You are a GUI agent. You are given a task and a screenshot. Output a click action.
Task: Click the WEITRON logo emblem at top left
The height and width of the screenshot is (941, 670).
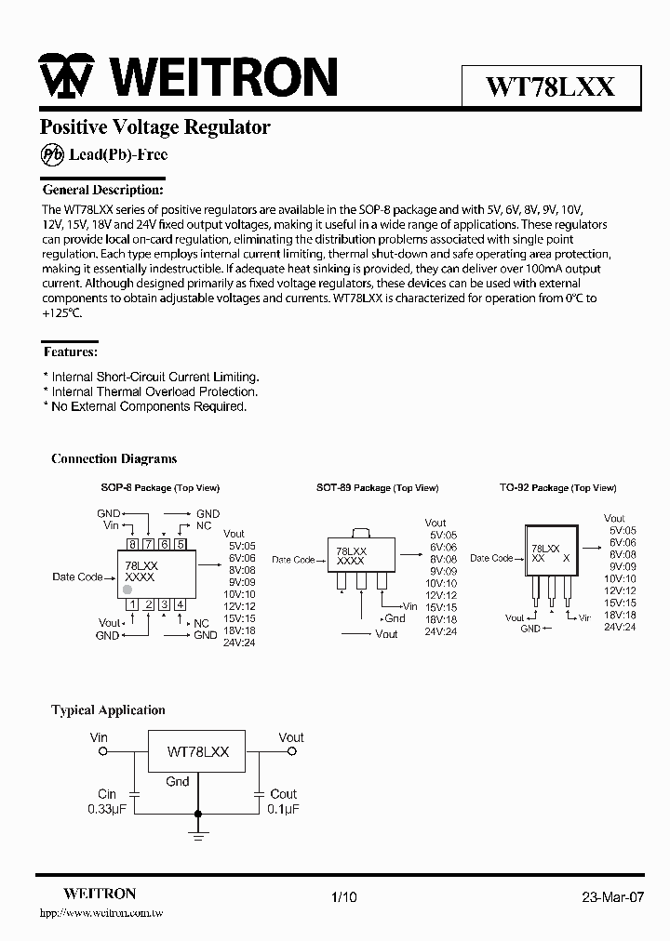pos(64,77)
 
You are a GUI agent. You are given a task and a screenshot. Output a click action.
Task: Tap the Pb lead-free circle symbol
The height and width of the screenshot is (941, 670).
pos(53,155)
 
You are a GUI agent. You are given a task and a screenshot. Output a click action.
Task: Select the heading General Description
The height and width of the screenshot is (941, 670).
pos(103,190)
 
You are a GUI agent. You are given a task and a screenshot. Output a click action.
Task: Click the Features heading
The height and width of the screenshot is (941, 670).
pos(71,352)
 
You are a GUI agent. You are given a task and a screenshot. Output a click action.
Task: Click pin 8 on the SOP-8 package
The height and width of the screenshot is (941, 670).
pos(134,545)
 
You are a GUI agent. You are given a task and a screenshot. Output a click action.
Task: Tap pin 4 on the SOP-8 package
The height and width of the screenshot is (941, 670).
pos(180,604)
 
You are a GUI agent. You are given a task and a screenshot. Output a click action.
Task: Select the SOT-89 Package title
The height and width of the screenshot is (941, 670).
pos(376,488)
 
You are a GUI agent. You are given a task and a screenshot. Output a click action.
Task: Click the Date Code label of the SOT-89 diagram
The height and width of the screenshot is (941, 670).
pos(293,560)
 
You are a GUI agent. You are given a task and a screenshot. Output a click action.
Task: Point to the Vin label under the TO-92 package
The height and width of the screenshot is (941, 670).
pos(584,617)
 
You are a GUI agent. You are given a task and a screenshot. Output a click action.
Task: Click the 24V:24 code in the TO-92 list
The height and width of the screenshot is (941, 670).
pos(620,628)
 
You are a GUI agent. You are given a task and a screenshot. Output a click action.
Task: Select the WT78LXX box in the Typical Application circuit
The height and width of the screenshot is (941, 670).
pos(197,750)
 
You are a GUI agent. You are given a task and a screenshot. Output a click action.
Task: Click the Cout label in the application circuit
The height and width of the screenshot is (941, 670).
pos(283,794)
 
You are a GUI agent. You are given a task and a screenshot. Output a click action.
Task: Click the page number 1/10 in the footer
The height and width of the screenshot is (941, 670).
pos(343,897)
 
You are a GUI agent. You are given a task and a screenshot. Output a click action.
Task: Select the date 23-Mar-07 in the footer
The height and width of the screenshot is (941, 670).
pos(612,897)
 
